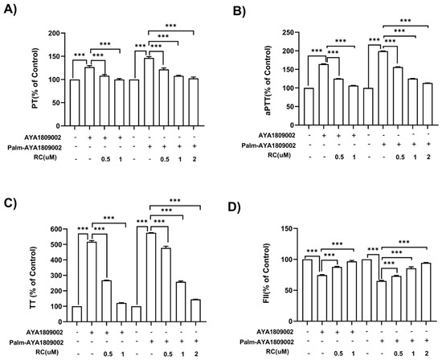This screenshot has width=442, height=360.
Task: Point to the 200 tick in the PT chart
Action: point(55,33)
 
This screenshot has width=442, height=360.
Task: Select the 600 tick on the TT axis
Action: point(55,229)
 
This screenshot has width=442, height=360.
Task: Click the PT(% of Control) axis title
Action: point(35,79)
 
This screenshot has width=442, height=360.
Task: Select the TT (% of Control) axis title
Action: point(33,278)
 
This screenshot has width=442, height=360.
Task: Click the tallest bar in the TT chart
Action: point(151,277)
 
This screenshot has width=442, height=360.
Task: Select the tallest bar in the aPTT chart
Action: point(383,88)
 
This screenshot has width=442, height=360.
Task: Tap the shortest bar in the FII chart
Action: point(382,301)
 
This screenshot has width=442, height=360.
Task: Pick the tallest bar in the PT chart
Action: point(149,92)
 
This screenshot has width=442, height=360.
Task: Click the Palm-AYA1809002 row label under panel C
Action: point(36,342)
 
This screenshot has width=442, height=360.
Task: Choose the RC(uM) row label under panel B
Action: point(279,155)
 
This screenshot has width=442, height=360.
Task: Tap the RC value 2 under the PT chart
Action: point(194,159)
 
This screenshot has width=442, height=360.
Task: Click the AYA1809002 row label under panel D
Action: point(275,332)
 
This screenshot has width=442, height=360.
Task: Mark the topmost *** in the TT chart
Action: point(174,201)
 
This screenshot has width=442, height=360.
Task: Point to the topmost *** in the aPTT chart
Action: point(405,21)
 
